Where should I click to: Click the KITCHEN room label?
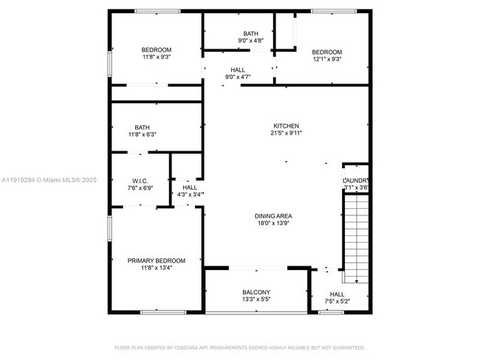[x=286, y=125]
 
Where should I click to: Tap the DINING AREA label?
[x=275, y=215]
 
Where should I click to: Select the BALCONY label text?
[x=256, y=292]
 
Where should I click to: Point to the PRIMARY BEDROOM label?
[x=156, y=260]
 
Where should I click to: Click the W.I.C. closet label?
[x=140, y=181]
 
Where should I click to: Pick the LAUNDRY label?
[x=355, y=181]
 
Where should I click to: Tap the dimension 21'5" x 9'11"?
[x=286, y=133]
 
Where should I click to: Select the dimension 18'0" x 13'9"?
[x=275, y=223]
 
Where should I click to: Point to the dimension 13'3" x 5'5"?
[x=256, y=300]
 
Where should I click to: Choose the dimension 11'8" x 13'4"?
[x=156, y=268]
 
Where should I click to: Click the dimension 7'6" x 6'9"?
[x=140, y=188]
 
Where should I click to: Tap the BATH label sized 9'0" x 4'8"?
[x=251, y=34]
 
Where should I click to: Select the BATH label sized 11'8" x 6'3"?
[x=142, y=127]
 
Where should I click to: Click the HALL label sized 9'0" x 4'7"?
[x=238, y=70]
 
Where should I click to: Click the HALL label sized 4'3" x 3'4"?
[x=190, y=187]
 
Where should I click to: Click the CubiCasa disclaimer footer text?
[x=239, y=347]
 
